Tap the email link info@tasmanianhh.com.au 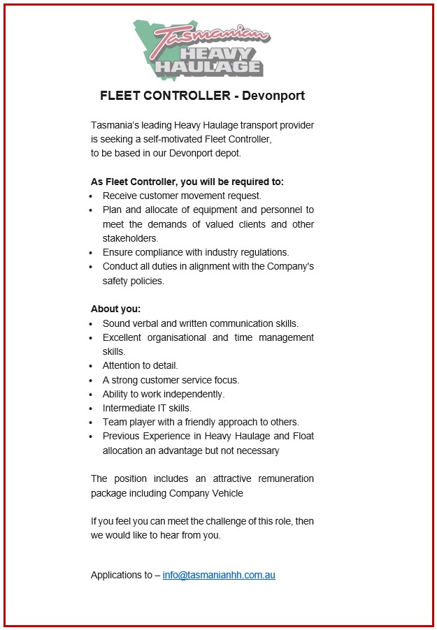pyautogui.click(x=219, y=576)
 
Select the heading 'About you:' pyautogui.click(x=116, y=309)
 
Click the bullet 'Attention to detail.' pyautogui.click(x=141, y=365)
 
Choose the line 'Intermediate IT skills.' pyautogui.click(x=147, y=408)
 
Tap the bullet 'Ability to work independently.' pyautogui.click(x=164, y=394)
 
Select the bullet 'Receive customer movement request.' pyautogui.click(x=182, y=196)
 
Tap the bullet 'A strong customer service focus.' pyautogui.click(x=171, y=380)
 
